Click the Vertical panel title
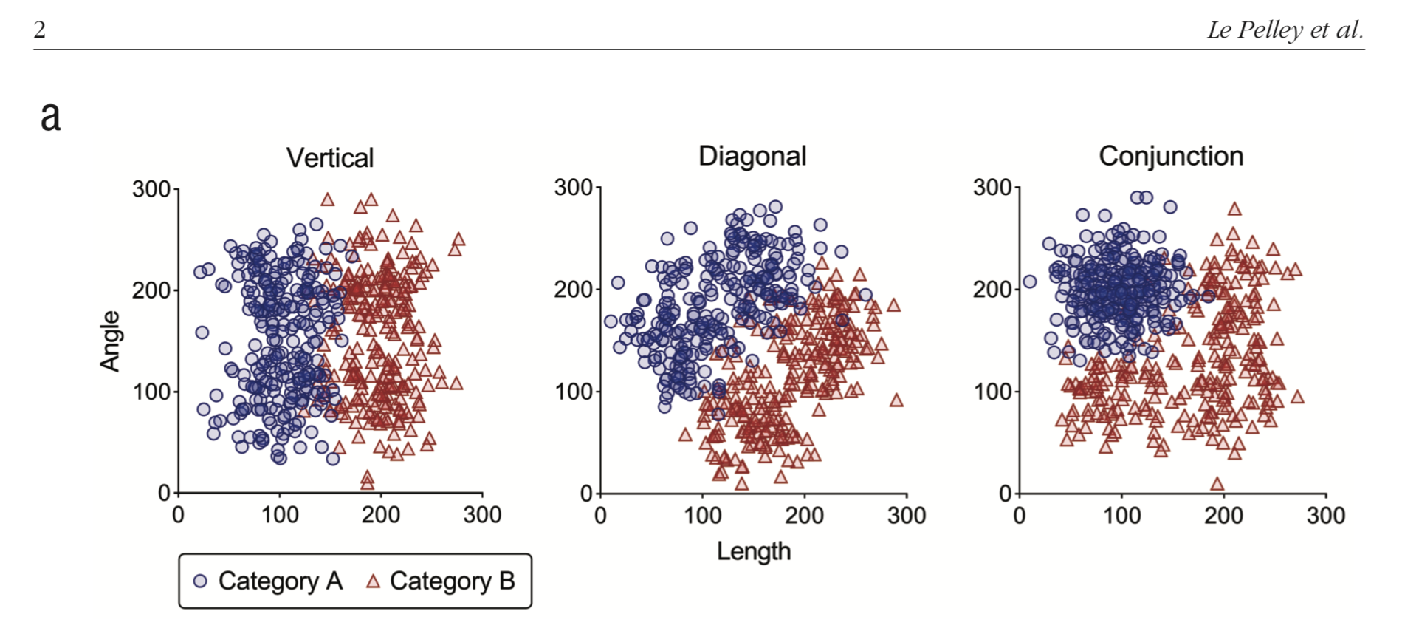330,157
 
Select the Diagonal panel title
752,156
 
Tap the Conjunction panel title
1170,156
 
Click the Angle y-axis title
110,341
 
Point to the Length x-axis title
753,551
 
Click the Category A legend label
281,581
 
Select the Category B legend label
452,581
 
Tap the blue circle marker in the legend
200,581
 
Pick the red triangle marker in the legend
373,581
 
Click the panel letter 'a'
50,117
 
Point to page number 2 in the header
40,30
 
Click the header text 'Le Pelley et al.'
1285,30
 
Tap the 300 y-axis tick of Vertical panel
151,189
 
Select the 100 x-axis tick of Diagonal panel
702,515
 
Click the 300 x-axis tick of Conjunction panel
1325,515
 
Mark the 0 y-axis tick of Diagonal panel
586,494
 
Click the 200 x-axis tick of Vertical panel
380,515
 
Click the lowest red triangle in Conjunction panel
1217,484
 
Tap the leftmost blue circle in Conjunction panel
1029,282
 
